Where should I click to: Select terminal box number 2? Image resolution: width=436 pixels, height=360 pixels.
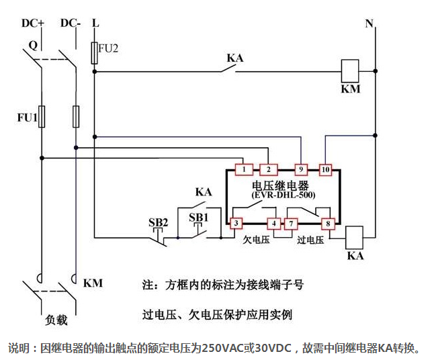tap(269, 169)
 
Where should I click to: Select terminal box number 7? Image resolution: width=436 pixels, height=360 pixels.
tap(290, 223)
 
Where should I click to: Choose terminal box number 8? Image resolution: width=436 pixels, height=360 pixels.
tap(329, 223)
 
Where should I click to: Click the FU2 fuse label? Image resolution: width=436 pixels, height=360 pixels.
tap(108, 48)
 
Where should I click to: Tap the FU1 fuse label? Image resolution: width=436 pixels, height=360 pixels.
tap(26, 118)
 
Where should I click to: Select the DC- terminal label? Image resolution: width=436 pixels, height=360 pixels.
tap(71, 23)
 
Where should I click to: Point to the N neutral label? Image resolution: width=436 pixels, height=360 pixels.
tap(368, 24)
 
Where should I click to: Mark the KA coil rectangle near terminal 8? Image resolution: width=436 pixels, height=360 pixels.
tap(354, 236)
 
